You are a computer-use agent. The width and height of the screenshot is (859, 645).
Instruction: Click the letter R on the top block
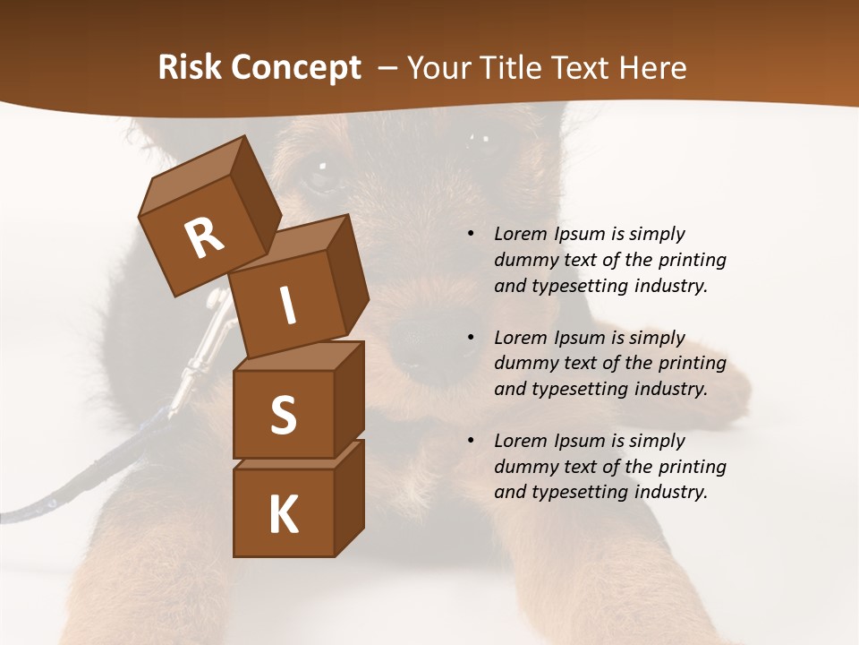[205, 238]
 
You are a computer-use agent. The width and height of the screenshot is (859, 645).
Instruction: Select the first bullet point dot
[471, 235]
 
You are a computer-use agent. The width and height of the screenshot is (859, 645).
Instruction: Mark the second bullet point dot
[471, 339]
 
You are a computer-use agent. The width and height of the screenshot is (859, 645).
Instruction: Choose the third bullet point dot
[471, 442]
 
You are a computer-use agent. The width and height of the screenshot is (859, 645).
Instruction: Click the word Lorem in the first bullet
[519, 234]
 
